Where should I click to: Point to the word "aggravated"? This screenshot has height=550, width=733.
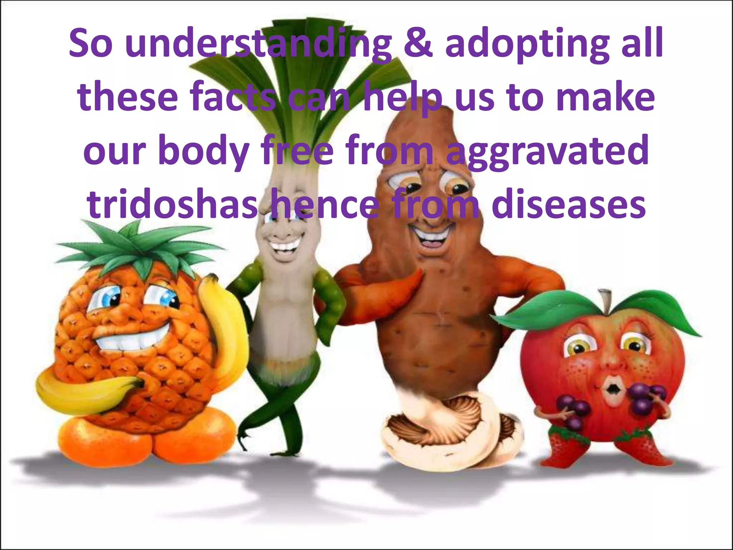coord(548,152)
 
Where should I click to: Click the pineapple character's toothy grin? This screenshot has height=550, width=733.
coord(129,337)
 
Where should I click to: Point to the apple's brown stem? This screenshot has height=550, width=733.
coord(605,301)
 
